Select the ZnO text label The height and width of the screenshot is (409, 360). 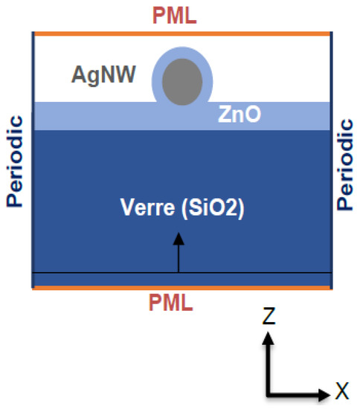click(x=238, y=115)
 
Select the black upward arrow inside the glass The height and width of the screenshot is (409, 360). click(x=178, y=257)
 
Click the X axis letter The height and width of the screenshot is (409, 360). click(x=342, y=387)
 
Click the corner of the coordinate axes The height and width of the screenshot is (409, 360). click(x=270, y=392)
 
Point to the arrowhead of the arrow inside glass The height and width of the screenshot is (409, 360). click(x=178, y=238)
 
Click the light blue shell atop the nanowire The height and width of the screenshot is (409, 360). click(x=182, y=54)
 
